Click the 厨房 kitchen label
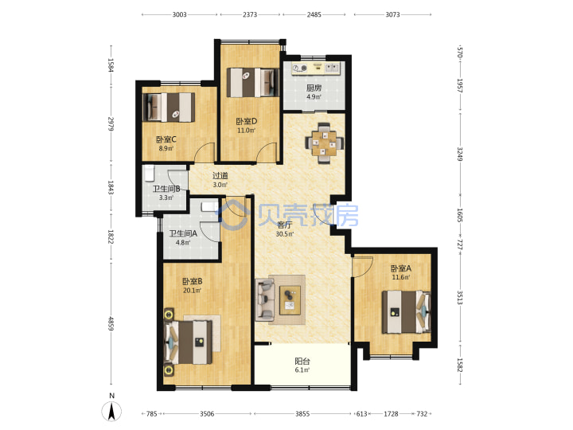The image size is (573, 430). pos(314,88)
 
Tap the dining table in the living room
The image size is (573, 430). pos(325,143)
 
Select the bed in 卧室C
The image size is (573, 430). pos(169,107)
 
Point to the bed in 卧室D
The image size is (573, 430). pos(252,83)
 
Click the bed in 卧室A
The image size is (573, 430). pos(407,312)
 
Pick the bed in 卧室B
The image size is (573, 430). pos(189,342)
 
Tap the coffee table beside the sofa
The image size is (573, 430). pos(290,300)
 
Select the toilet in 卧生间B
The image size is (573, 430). pos(149,174)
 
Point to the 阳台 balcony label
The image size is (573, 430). pos(302,362)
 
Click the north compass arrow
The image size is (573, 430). pos(112,412)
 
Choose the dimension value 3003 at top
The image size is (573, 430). pos(179,14)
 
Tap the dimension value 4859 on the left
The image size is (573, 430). pos(111,323)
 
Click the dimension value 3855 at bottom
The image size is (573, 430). pos(302,414)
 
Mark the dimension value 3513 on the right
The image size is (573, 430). pos(460,298)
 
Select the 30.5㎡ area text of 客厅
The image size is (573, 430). pos(285,234)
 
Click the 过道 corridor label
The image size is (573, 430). pos(220,176)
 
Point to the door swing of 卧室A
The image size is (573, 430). pos(363,267)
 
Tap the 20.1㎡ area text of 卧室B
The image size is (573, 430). pos(192,291)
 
